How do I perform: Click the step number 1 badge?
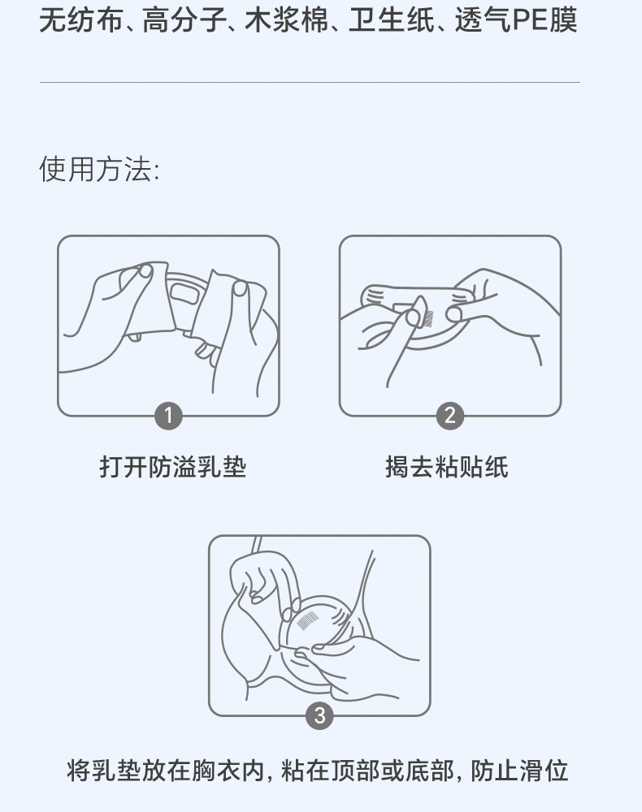pyautogui.click(x=168, y=416)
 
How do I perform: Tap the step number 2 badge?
pyautogui.click(x=449, y=416)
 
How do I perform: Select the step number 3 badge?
pyautogui.click(x=319, y=715)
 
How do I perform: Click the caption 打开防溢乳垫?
pyautogui.click(x=173, y=467)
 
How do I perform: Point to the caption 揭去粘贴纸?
pyautogui.click(x=447, y=467)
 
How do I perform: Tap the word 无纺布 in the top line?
pyautogui.click(x=80, y=21)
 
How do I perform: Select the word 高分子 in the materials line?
pyautogui.click(x=184, y=21)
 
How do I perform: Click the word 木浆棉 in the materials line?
pyautogui.click(x=286, y=21)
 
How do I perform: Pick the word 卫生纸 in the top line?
pyautogui.click(x=391, y=21)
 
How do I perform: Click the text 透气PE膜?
pyautogui.click(x=516, y=21)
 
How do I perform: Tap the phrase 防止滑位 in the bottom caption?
pyautogui.click(x=520, y=771)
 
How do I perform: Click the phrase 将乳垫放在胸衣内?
pyautogui.click(x=165, y=771)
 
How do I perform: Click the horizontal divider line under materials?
pyautogui.click(x=310, y=82)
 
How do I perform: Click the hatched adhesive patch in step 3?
pyautogui.click(x=308, y=620)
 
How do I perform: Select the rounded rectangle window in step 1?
pyautogui.click(x=182, y=292)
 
